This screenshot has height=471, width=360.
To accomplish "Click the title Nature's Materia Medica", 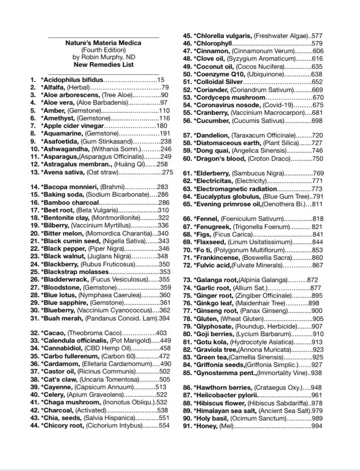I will click(103, 43).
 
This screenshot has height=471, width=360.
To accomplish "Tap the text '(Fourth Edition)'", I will click(103, 50).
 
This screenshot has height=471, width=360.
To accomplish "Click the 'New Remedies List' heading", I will click(103, 64).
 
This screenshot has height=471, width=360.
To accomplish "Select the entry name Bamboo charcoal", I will click(72, 202).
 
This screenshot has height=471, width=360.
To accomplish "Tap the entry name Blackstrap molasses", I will click(76, 272).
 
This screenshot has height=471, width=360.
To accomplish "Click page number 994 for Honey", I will click(317, 426).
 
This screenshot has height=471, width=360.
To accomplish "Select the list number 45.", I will click(187, 36).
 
